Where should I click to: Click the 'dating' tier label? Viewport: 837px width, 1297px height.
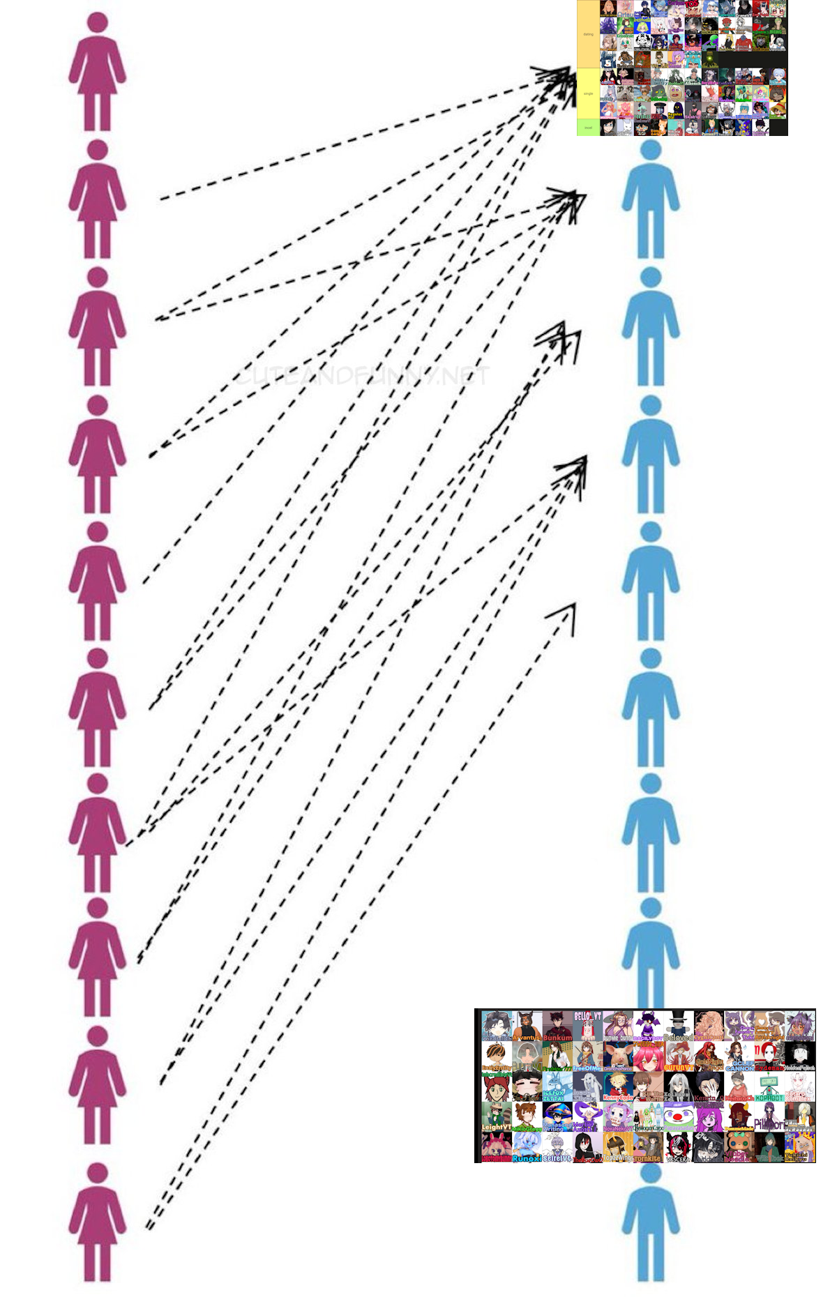(x=588, y=34)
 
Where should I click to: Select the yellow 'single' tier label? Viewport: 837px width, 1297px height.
(x=588, y=93)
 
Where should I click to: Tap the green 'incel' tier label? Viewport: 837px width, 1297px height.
(x=588, y=128)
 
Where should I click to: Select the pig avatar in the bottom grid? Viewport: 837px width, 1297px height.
(x=617, y=1057)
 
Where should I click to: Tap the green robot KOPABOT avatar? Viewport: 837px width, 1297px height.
(x=769, y=1088)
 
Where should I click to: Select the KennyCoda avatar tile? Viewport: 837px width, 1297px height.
(x=617, y=1088)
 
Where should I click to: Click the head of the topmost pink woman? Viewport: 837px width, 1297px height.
(x=98, y=22)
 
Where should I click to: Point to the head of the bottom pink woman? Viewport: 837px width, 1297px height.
(x=98, y=1173)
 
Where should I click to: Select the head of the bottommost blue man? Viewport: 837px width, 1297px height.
(x=651, y=1173)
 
